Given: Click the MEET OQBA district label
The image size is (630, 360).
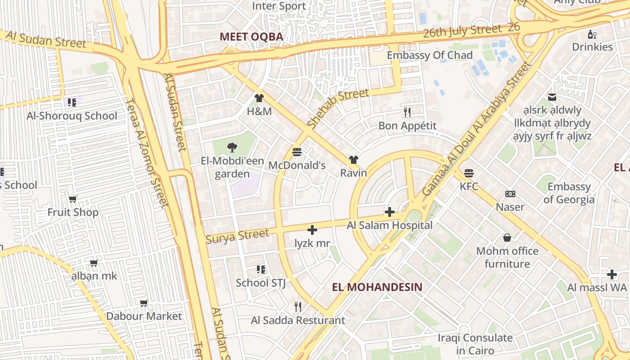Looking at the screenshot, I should (x=252, y=37).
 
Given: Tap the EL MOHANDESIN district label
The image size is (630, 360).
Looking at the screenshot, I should (x=377, y=287).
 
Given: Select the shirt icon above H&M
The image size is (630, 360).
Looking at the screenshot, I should (x=259, y=98).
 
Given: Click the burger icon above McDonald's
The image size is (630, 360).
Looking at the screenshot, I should (x=297, y=152).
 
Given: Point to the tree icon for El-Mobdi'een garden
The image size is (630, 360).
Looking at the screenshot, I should (x=232, y=147).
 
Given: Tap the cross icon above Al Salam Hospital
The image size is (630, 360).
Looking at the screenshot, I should (x=390, y=212).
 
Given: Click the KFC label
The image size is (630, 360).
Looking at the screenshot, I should (x=469, y=186).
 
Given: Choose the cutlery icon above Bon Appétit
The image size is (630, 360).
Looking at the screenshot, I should (x=407, y=112).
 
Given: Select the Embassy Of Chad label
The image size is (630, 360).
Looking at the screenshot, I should (x=430, y=55).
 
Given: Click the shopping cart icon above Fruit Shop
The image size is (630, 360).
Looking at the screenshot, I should (x=72, y=199).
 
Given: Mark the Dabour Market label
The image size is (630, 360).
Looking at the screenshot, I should (x=144, y=316).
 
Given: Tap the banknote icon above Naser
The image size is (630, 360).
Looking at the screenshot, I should (x=510, y=194).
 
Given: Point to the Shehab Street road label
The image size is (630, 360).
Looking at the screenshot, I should (x=338, y=108).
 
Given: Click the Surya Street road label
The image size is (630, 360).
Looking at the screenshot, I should (x=237, y=236).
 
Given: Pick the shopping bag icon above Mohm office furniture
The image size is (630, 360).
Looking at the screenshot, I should (x=507, y=237).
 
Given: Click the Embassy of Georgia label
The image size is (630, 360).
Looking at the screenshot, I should (x=569, y=193).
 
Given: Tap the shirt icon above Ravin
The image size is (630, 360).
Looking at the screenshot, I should (x=353, y=160).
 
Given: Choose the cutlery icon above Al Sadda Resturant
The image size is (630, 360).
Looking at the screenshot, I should (x=297, y=307).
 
